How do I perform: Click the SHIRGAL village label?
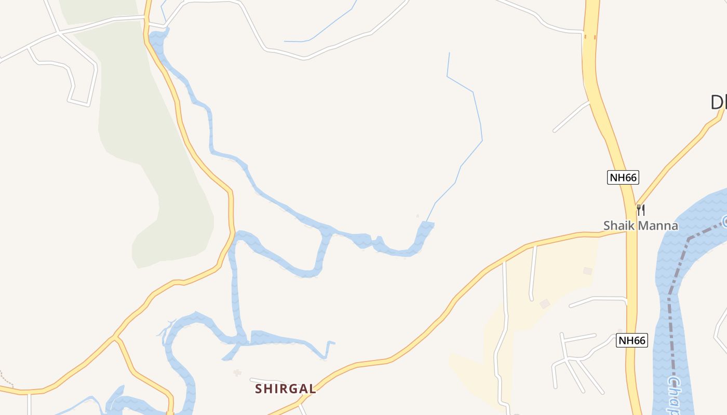[x=285, y=389]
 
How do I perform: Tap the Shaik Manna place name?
[x=640, y=226]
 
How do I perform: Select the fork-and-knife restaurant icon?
[x=641, y=210]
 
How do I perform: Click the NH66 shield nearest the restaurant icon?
[x=623, y=177]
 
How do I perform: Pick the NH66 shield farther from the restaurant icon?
[x=632, y=341]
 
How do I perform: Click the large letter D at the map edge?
[x=718, y=103]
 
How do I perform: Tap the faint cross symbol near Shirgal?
[x=238, y=372]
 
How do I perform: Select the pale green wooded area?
[x=156, y=156]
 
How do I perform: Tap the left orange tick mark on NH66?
[x=586, y=36]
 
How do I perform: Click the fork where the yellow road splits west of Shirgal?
[x=115, y=338]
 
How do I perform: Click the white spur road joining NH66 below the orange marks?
[x=571, y=117]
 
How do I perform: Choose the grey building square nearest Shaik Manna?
[x=587, y=271]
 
